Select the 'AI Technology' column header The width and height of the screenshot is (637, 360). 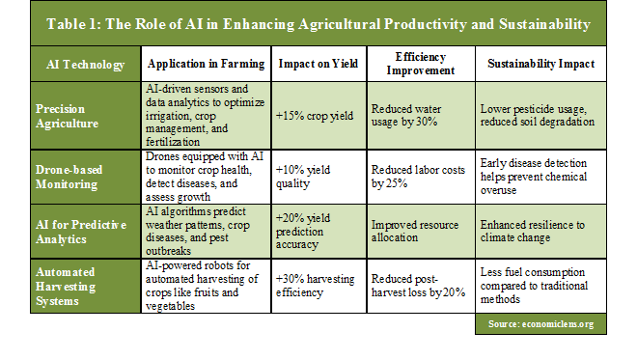86,65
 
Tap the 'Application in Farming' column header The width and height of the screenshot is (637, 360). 206,65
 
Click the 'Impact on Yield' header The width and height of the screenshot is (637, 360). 318,65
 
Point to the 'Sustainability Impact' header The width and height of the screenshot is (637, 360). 540,65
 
